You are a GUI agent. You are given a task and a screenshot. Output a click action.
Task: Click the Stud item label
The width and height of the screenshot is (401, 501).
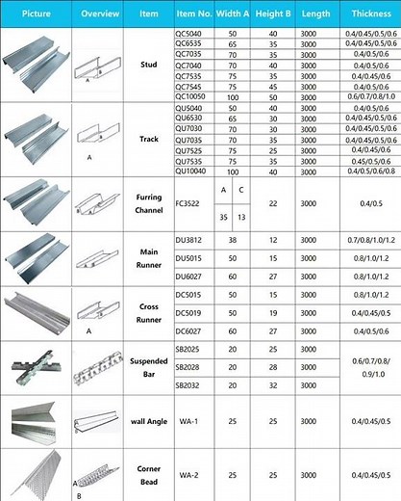(149, 62)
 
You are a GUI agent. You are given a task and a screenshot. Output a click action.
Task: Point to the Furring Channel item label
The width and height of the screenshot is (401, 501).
(148, 203)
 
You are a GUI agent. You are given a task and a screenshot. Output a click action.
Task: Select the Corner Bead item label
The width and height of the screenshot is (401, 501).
(148, 475)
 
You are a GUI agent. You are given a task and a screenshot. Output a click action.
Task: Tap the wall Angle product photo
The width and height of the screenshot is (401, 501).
(36, 422)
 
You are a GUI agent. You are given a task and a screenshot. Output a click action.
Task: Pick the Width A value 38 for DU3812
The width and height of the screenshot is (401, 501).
(233, 239)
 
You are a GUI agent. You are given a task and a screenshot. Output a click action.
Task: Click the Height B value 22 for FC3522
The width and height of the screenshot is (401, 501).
(273, 204)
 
